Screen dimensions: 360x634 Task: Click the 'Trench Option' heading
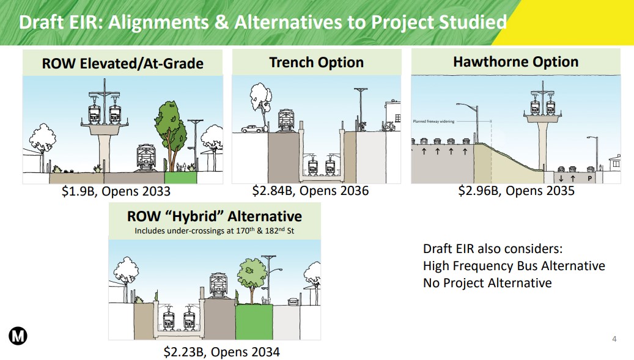(316, 62)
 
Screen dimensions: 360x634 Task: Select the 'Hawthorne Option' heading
(515, 62)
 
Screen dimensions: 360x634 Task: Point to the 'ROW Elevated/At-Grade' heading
(122, 64)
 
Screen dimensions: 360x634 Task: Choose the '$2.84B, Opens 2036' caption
(311, 191)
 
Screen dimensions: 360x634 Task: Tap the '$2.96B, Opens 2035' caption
(517, 191)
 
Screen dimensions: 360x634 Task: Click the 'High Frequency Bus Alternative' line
(514, 266)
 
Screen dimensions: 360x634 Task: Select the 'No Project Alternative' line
(487, 282)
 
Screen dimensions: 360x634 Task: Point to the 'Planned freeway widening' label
(435, 122)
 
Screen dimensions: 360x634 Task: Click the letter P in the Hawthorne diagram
(589, 178)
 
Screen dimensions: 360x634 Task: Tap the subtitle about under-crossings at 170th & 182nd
(214, 231)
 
